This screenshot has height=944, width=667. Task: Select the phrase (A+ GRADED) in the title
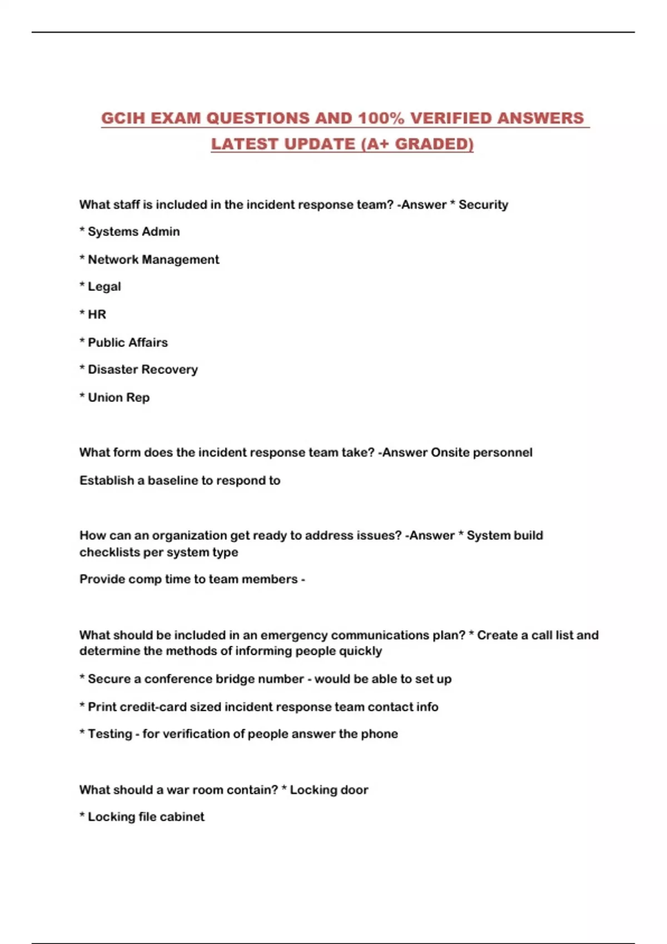pyautogui.click(x=417, y=144)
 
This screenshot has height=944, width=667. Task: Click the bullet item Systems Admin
pyautogui.click(x=133, y=232)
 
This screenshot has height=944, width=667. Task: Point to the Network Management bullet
pyautogui.click(x=153, y=259)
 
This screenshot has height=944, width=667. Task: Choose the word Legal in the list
pyautogui.click(x=104, y=287)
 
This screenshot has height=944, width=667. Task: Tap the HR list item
pyautogui.click(x=97, y=314)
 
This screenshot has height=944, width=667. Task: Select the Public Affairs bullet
pyautogui.click(x=127, y=342)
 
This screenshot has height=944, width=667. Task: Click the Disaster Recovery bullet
pyautogui.click(x=142, y=369)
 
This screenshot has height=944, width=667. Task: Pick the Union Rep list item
pyautogui.click(x=118, y=398)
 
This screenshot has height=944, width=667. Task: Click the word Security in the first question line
pyautogui.click(x=483, y=204)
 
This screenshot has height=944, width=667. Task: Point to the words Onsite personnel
pyautogui.click(x=481, y=453)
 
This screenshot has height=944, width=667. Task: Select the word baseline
pyautogui.click(x=172, y=480)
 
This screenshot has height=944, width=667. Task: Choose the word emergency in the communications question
pyautogui.click(x=293, y=635)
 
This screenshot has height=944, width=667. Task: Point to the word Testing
pyautogui.click(x=109, y=734)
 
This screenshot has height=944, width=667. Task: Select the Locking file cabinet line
pyautogui.click(x=146, y=817)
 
